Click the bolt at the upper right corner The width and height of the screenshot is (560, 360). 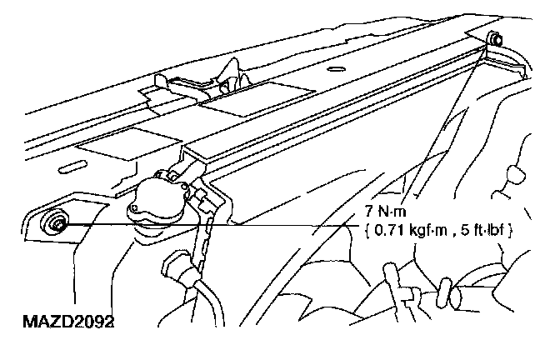pos(496,38)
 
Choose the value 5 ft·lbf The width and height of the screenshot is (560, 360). pos(483,228)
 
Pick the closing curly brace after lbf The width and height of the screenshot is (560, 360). pos(509,228)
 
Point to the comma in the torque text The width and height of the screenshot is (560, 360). pos(457,232)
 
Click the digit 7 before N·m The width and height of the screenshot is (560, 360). pos(368,212)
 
